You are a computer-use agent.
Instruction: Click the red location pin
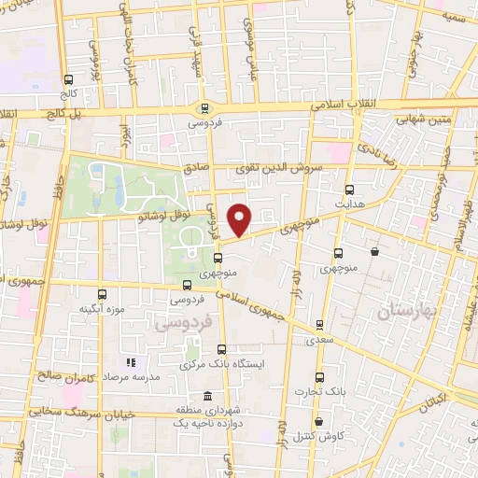241,218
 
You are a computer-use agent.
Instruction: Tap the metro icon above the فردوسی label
204,107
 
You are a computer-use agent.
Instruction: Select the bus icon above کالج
68,80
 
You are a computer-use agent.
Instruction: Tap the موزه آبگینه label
102,308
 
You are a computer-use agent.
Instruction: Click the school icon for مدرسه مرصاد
131,362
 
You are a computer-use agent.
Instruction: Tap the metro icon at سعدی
320,327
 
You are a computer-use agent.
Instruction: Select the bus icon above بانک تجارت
320,378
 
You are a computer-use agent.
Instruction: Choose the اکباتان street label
431,403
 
